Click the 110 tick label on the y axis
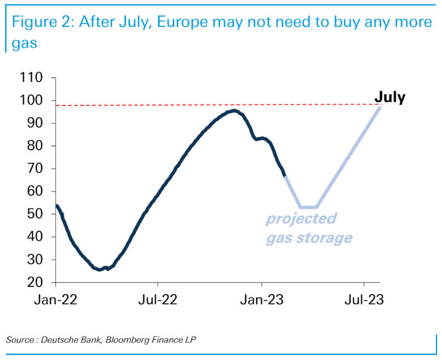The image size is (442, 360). coord(32,77)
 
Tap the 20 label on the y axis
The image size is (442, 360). coord(36,283)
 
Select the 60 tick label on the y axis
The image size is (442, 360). coord(36,191)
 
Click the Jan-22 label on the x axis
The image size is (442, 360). coord(56,300)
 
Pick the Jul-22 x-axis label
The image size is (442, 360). coord(158,300)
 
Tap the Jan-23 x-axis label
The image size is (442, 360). coord(262,300)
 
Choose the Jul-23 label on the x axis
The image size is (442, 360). coord(364,300)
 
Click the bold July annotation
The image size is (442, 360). coord(389,98)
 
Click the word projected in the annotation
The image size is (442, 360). coord(301,219)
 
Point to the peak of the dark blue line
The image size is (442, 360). coord(234,110)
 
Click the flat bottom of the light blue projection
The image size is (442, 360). coord(308,207)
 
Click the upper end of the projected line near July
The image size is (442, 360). coord(379,107)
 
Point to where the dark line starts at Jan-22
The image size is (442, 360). coord(57,206)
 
